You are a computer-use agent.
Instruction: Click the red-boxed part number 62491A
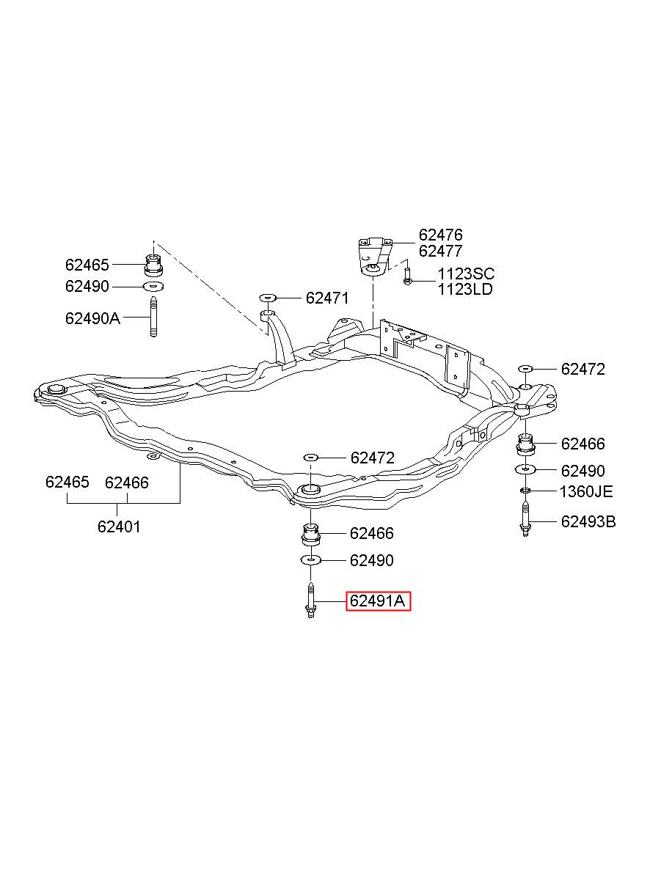(x=378, y=612)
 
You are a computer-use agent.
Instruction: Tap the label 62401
(x=119, y=526)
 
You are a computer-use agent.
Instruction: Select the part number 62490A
(x=92, y=318)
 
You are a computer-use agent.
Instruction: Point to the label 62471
(x=327, y=298)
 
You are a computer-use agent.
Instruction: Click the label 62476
(x=441, y=235)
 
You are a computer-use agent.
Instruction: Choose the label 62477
(x=441, y=251)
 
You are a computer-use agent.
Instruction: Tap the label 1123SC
(x=466, y=274)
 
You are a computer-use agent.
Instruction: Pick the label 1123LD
(x=465, y=290)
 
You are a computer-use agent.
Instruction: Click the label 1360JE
(x=585, y=491)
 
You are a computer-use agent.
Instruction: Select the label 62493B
(x=588, y=521)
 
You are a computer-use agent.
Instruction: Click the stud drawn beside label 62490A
(x=153, y=318)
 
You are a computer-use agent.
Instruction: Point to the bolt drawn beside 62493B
(x=525, y=518)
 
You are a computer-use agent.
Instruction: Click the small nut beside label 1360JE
(x=525, y=491)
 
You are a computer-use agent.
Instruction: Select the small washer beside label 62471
(x=268, y=297)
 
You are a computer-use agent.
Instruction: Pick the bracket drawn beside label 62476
(x=374, y=255)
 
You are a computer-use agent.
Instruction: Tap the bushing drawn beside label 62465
(x=153, y=265)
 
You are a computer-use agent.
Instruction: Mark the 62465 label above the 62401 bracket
(x=67, y=482)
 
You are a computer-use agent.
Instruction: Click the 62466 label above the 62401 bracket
(x=126, y=482)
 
